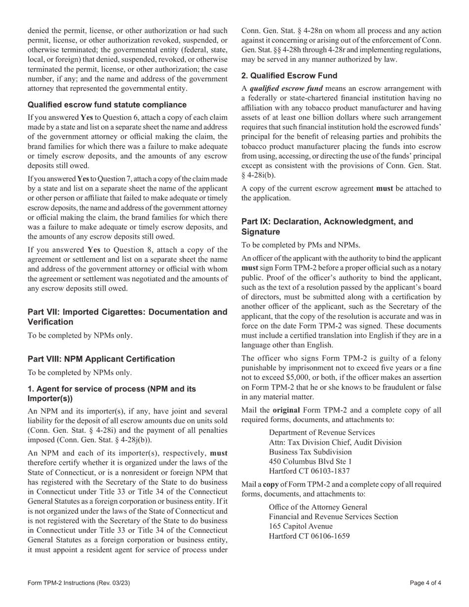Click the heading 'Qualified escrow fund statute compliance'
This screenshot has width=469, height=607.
107,105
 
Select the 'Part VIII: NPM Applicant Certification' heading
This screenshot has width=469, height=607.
101,359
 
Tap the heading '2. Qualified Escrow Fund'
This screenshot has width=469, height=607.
289,76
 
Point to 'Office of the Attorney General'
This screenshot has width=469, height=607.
318,507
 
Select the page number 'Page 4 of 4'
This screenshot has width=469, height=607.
426,583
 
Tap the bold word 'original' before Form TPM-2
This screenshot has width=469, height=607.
286,410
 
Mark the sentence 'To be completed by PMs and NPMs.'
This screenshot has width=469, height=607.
301,245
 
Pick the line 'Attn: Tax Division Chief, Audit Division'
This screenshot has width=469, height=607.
335,442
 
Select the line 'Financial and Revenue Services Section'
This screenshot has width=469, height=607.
333,517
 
